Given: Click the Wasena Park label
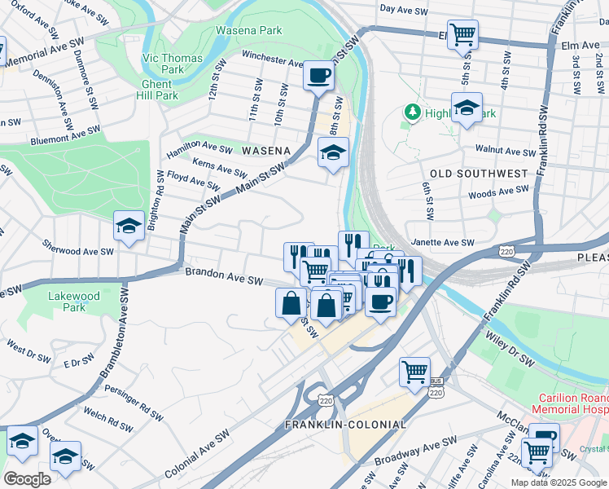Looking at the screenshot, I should [248, 31].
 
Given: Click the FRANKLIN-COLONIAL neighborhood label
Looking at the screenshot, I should [345, 425].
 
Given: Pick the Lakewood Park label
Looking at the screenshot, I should [74, 302].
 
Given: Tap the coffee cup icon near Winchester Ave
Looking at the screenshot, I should [318, 76].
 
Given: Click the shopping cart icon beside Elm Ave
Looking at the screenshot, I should [462, 34].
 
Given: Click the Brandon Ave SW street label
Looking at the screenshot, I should [224, 276].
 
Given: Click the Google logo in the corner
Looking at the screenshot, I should [27, 478].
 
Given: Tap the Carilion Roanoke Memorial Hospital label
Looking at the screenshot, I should [570, 403].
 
